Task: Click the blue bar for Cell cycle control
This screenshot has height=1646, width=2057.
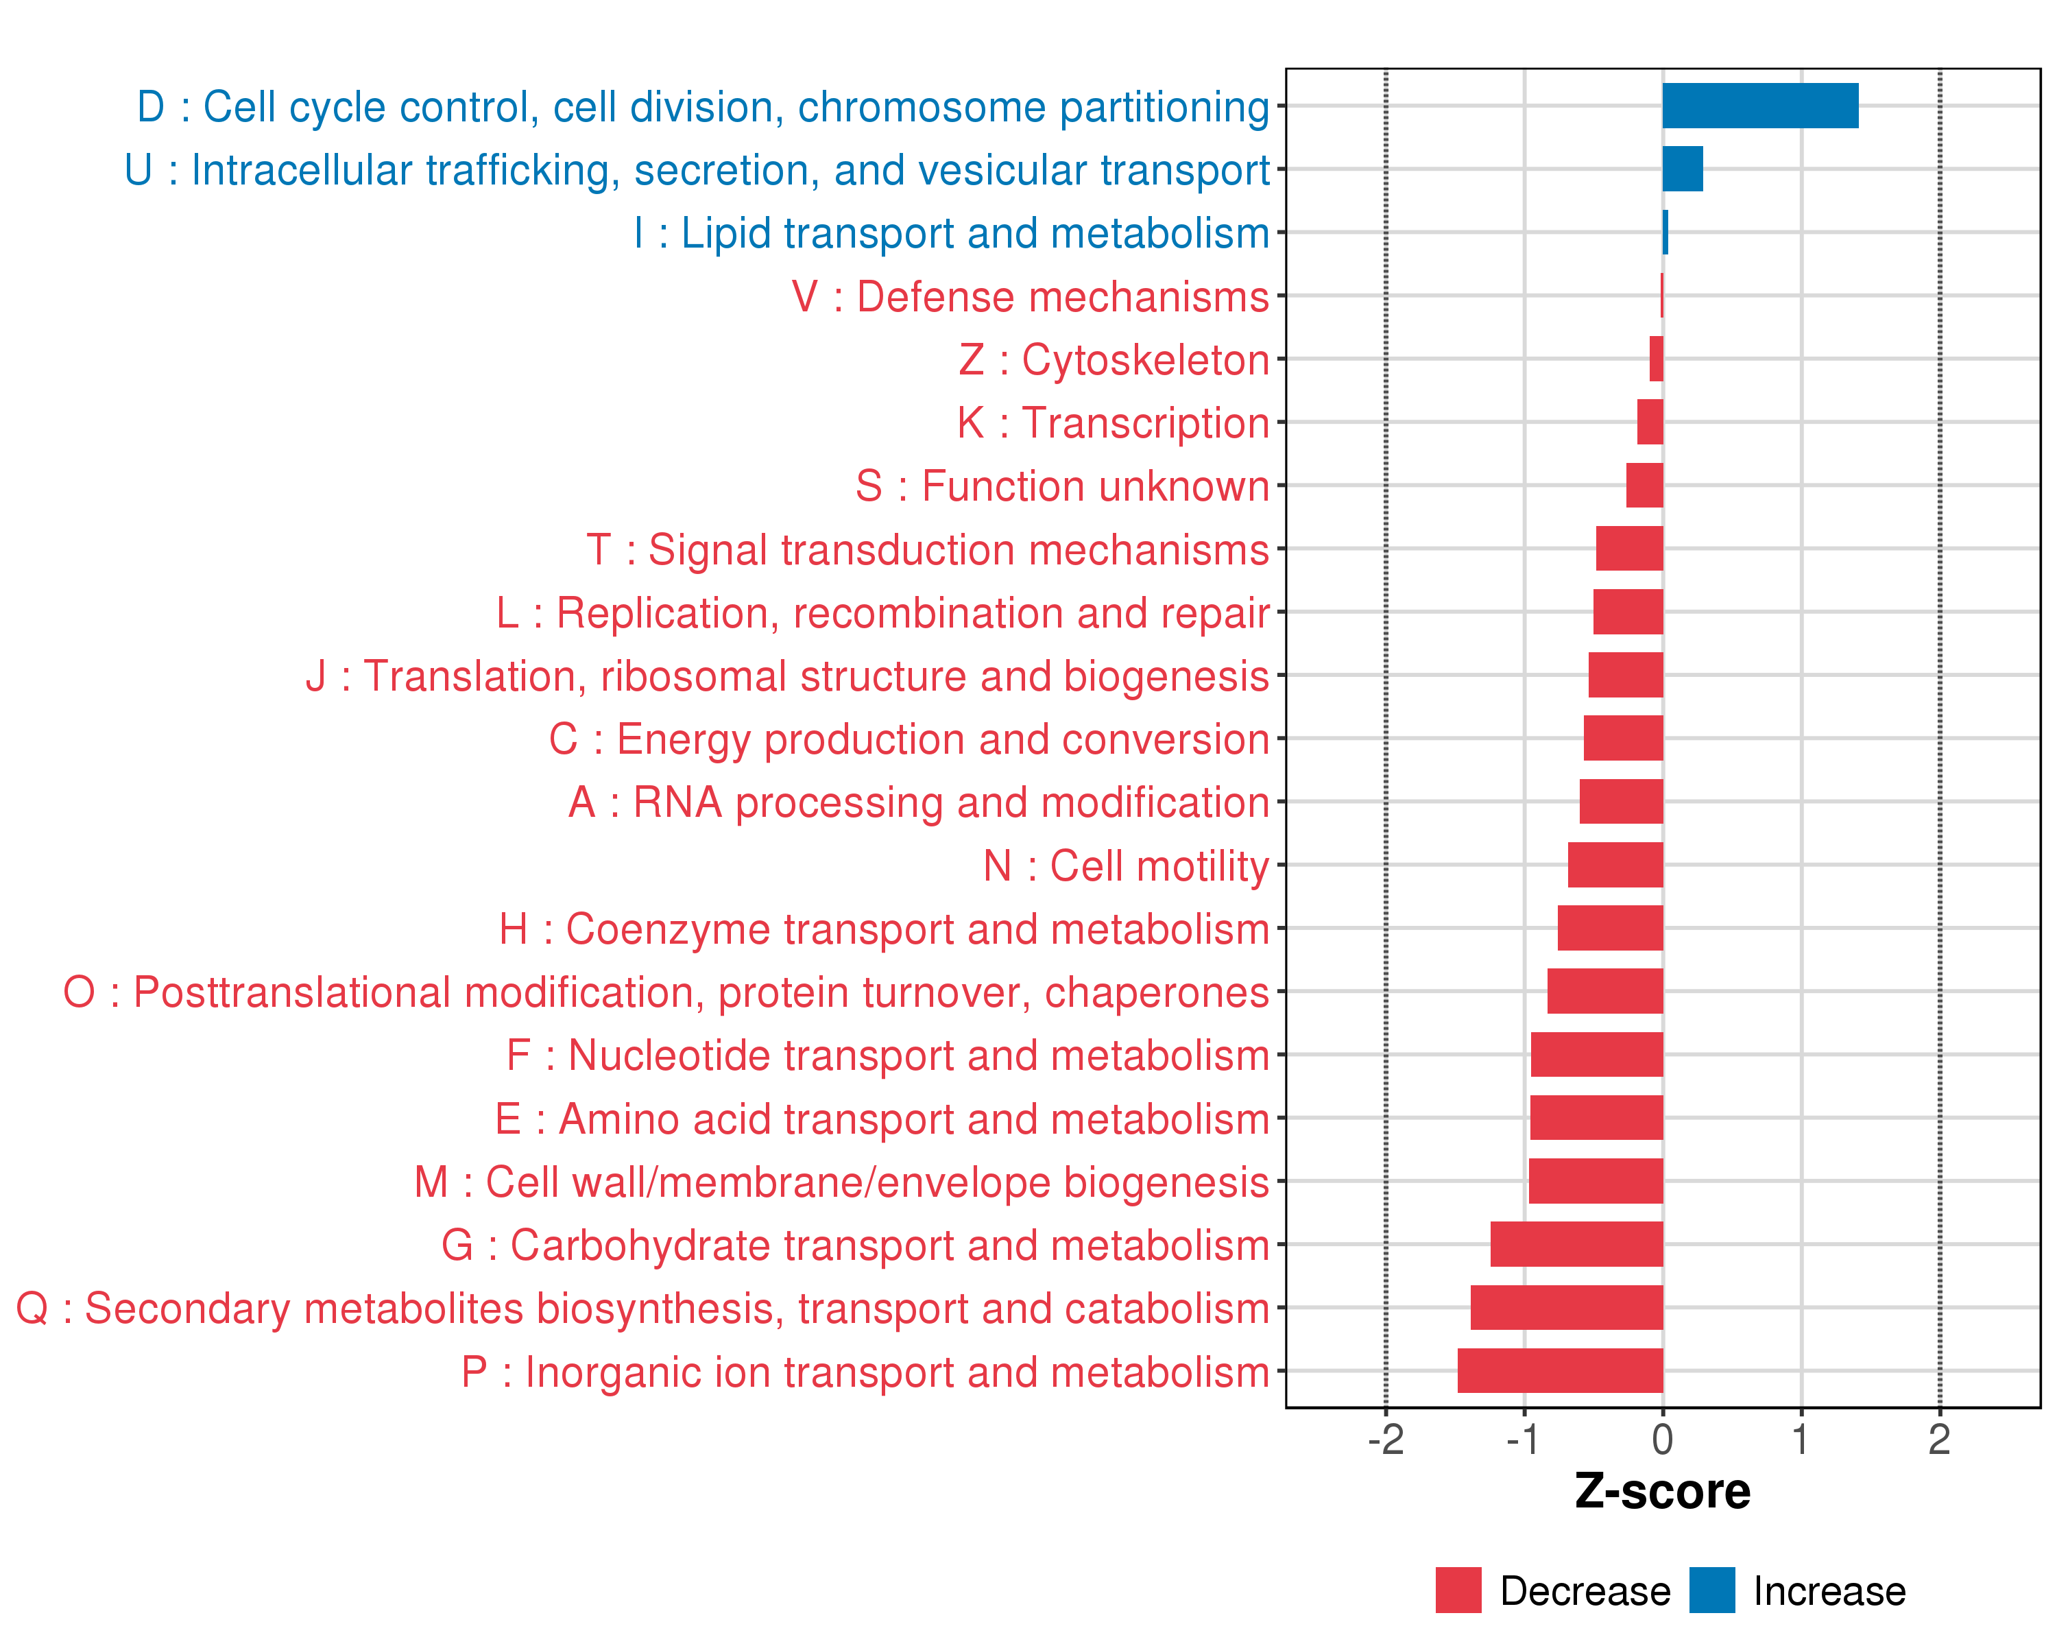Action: pos(1759,106)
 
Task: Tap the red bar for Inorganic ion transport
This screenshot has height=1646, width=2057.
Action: pos(1560,1370)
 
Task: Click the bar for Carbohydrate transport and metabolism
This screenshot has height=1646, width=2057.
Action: pos(1576,1244)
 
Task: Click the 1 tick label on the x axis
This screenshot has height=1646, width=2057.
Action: pos(1801,1440)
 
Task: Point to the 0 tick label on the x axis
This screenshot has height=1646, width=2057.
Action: pos(1662,1440)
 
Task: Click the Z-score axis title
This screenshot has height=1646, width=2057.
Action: pos(1662,1492)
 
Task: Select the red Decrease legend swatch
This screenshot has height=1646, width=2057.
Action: pos(1458,1590)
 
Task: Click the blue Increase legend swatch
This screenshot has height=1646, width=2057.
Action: pos(1711,1590)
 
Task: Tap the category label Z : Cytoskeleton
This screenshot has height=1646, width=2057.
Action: pos(1114,360)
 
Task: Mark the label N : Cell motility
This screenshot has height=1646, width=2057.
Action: pos(1126,866)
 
